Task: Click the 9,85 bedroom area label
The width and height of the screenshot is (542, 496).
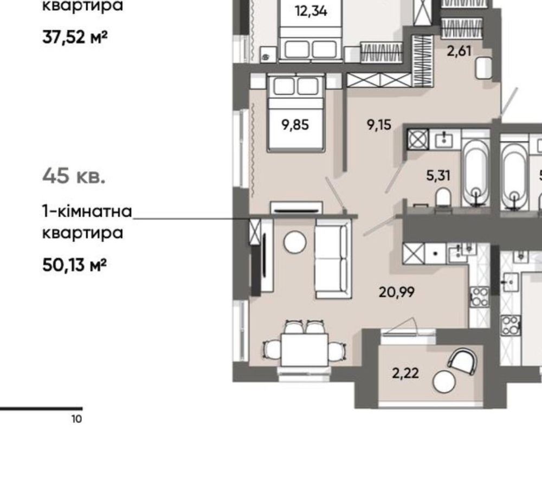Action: click(x=295, y=125)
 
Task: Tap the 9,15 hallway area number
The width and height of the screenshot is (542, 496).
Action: click(x=379, y=125)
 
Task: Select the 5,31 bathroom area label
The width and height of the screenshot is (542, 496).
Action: click(x=438, y=176)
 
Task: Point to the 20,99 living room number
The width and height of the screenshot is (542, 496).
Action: click(x=397, y=292)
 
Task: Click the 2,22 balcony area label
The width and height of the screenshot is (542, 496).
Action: click(x=405, y=373)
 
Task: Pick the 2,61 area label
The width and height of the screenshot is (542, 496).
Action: click(x=459, y=51)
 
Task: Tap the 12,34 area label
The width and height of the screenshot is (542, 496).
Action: click(x=311, y=11)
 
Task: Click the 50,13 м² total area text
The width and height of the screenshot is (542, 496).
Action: click(x=74, y=266)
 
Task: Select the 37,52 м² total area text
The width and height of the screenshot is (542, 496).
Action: click(x=75, y=37)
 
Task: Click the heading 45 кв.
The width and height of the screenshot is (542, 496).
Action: click(x=73, y=176)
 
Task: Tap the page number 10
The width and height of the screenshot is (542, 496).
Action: click(x=77, y=419)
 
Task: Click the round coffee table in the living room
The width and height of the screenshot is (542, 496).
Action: click(x=295, y=242)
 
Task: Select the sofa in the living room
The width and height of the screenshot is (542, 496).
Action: click(x=333, y=259)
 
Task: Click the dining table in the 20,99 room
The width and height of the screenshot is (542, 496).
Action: click(x=304, y=350)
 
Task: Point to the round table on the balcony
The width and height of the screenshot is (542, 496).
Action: click(x=444, y=381)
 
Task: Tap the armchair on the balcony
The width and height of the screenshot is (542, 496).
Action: click(x=463, y=361)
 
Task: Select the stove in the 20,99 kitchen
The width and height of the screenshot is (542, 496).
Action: click(x=480, y=297)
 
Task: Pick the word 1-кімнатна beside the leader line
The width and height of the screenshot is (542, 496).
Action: click(x=87, y=211)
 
